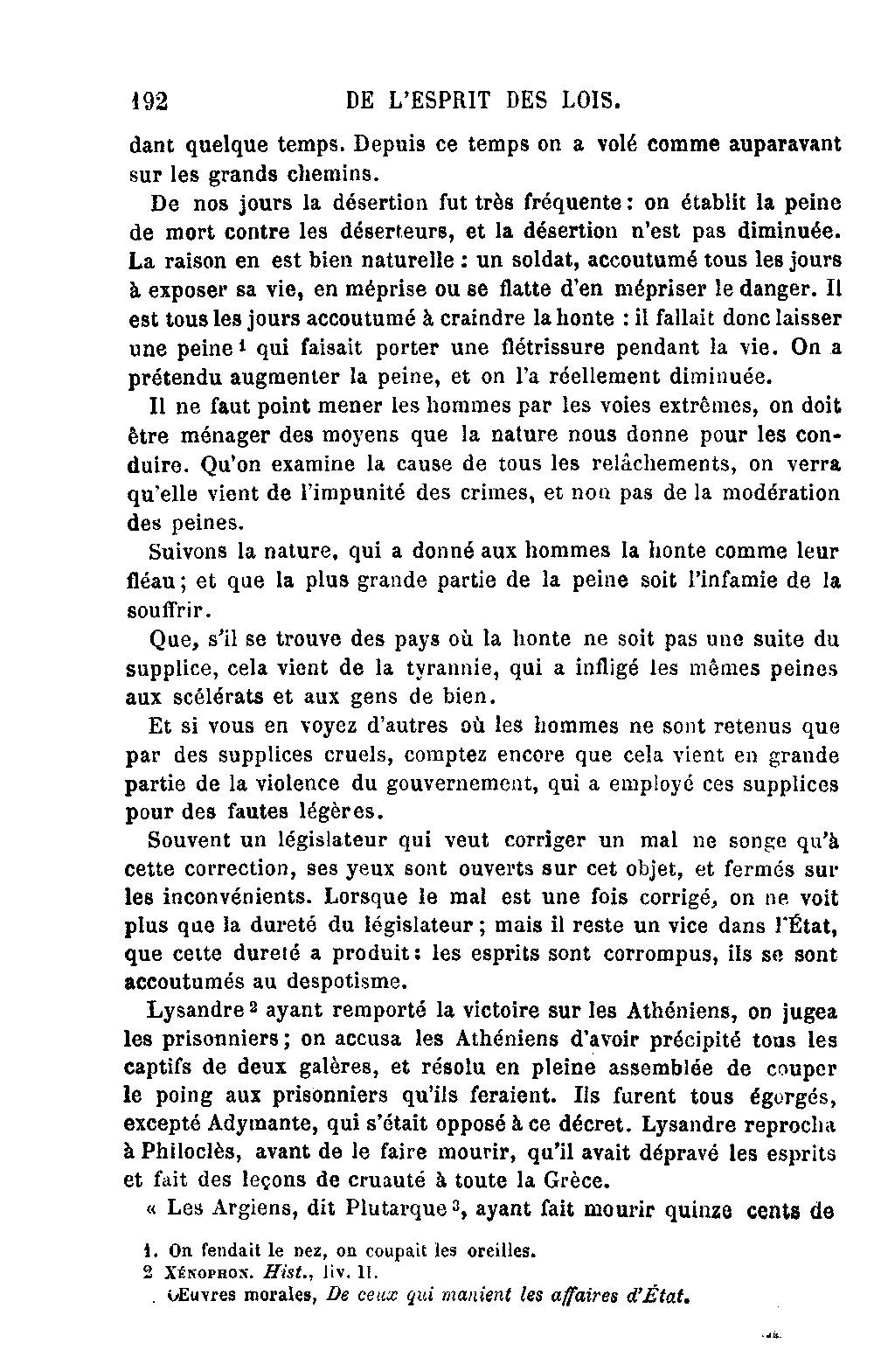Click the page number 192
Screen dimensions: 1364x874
[x=148, y=101]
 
